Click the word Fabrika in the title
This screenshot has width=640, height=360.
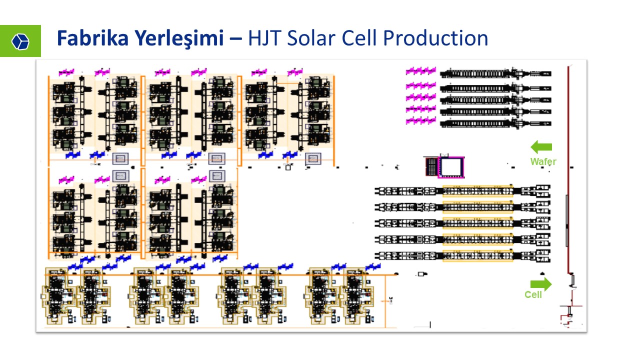point(93,38)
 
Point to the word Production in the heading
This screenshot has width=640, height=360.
point(435,38)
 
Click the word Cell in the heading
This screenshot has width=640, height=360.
point(359,38)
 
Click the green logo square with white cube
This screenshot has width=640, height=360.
point(20,41)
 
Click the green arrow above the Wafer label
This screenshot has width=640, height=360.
point(541,147)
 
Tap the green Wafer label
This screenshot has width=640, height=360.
point(543,161)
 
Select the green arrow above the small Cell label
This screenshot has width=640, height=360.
point(541,284)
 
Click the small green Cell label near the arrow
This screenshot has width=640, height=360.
point(533,294)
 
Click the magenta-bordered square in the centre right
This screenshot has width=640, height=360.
point(451,167)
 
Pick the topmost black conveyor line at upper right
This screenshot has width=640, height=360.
point(495,73)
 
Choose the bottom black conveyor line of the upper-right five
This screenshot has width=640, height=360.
point(495,123)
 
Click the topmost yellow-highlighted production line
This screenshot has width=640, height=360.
point(477,191)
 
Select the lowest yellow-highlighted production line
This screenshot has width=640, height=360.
point(477,255)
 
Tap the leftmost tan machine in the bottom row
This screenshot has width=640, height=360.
point(58,296)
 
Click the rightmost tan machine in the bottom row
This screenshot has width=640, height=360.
point(357,296)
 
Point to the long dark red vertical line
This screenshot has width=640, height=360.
point(568,170)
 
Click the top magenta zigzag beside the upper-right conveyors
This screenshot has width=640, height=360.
point(421,71)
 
